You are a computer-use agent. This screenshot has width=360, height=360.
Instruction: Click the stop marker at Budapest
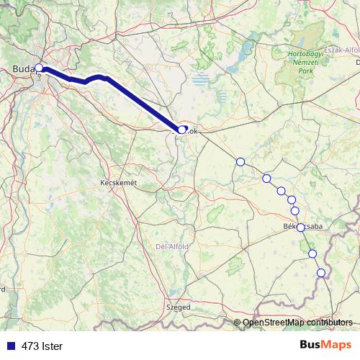pyautogui.click(x=39, y=69)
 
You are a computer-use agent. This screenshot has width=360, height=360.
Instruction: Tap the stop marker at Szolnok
pyautogui.click(x=182, y=130)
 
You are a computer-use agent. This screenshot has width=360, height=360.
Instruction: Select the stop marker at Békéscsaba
pyautogui.click(x=300, y=227)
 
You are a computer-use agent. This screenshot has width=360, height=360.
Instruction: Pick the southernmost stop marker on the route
pyautogui.click(x=321, y=272)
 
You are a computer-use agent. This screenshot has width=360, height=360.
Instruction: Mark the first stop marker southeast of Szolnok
pyautogui.click(x=240, y=162)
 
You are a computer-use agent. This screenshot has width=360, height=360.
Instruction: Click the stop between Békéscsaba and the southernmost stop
pyautogui.click(x=312, y=253)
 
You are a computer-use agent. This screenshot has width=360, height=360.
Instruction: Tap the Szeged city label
pyautogui.click(x=179, y=307)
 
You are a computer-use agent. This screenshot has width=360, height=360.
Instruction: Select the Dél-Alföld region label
pyautogui.click(x=172, y=246)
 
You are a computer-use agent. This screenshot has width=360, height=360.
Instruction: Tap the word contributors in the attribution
pyautogui.click(x=328, y=323)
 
